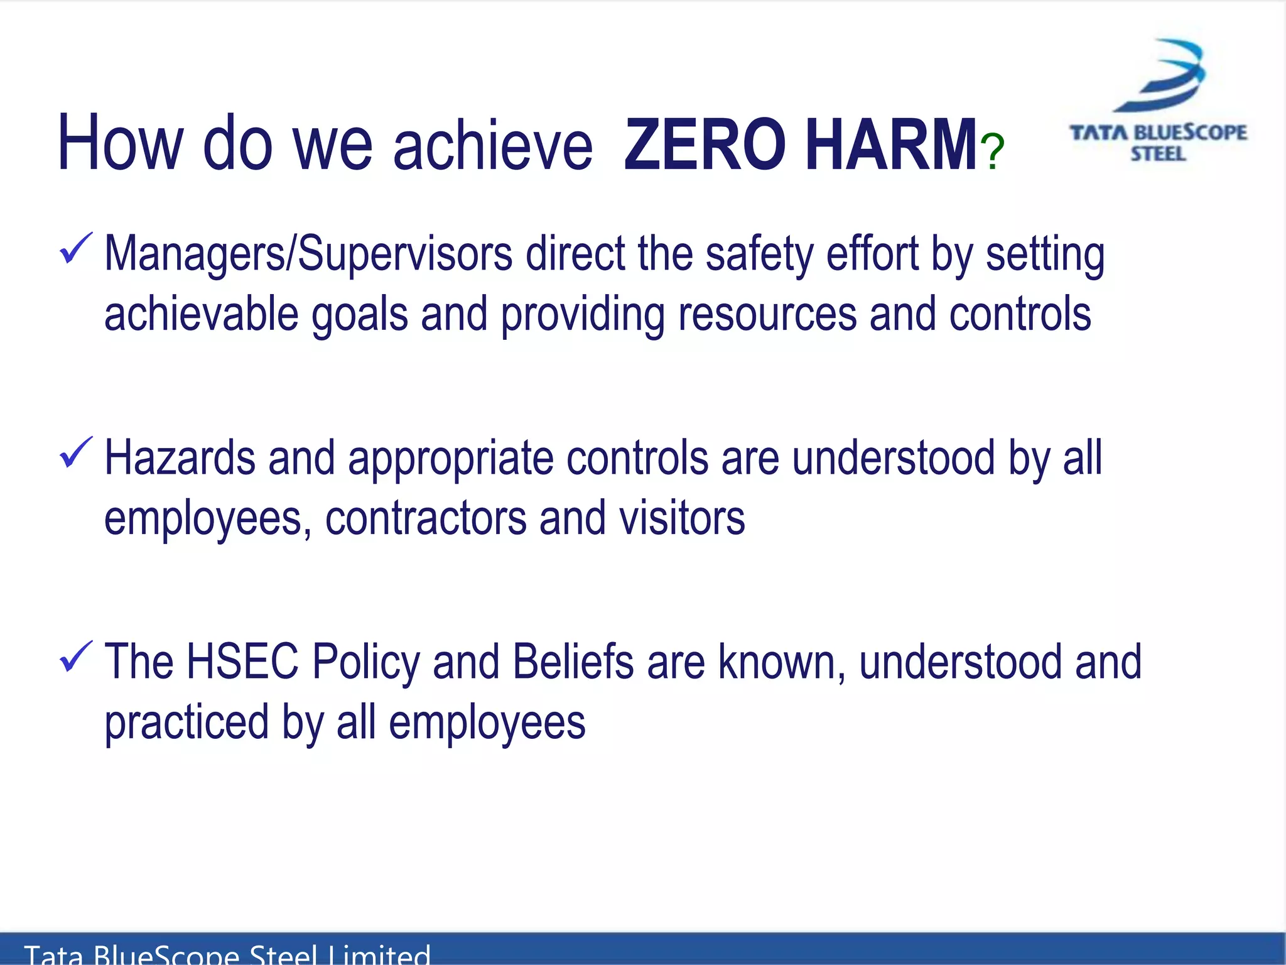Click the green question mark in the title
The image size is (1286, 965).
(993, 151)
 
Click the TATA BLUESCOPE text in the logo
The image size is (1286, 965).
(1159, 133)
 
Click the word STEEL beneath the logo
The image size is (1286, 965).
(1159, 154)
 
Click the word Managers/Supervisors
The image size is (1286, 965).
(308, 254)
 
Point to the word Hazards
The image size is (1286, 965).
(180, 458)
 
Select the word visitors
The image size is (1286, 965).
(682, 518)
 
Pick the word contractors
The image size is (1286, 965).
(426, 518)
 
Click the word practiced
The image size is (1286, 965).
(186, 722)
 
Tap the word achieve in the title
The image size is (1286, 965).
(493, 146)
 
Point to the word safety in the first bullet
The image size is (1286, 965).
(759, 254)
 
